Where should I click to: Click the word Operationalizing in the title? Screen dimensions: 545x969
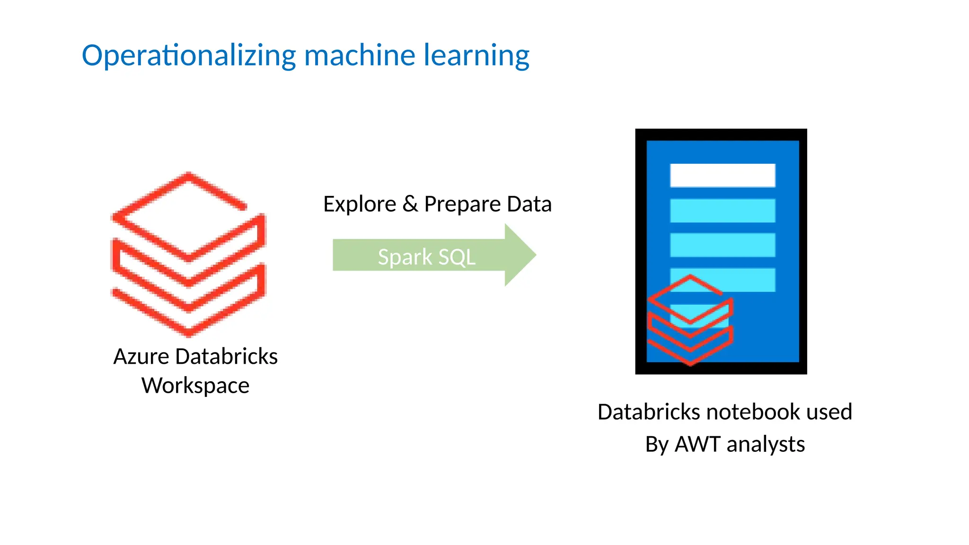pyautogui.click(x=189, y=56)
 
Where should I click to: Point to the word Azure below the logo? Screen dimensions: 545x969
pyautogui.click(x=141, y=357)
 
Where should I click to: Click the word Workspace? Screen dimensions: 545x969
pyautogui.click(x=195, y=386)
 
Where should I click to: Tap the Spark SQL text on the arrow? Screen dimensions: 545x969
pyautogui.click(x=426, y=257)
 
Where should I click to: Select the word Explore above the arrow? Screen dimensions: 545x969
pyautogui.click(x=360, y=204)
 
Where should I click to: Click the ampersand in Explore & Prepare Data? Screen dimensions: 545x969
pyautogui.click(x=410, y=204)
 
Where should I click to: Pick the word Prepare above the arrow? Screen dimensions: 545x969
pyautogui.click(x=462, y=204)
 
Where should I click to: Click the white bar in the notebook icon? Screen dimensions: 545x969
pyautogui.click(x=722, y=176)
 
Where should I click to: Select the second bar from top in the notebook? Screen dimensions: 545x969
pyautogui.click(x=722, y=211)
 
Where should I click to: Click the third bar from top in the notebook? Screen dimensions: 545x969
pyautogui.click(x=722, y=245)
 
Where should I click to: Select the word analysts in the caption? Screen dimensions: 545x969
pyautogui.click(x=766, y=445)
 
